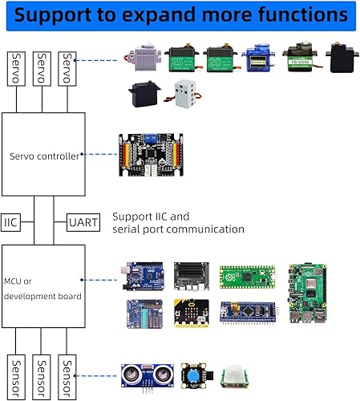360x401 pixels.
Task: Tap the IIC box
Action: tap(10, 219)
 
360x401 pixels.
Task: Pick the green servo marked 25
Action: tap(181, 59)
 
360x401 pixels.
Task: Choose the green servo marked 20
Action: tap(219, 59)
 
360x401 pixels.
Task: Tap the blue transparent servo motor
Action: tap(257, 59)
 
